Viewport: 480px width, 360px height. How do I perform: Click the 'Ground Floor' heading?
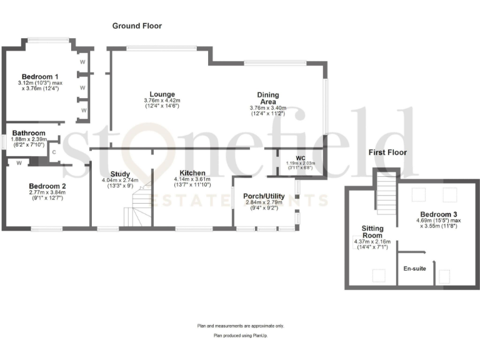[137, 26]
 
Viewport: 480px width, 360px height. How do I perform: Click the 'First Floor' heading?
[387, 152]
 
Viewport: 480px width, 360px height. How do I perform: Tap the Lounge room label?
[161, 94]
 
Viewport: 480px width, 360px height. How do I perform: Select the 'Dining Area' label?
[267, 98]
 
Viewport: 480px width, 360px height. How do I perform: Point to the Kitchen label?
[192, 172]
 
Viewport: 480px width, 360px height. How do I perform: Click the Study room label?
[119, 174]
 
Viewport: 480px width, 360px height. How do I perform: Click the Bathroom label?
[29, 133]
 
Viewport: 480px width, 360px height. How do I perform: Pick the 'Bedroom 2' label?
[47, 186]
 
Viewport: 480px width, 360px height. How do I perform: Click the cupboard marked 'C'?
[54, 152]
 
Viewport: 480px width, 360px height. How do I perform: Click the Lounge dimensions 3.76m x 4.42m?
[161, 101]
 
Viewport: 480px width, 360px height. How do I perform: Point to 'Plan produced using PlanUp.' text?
[240, 336]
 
